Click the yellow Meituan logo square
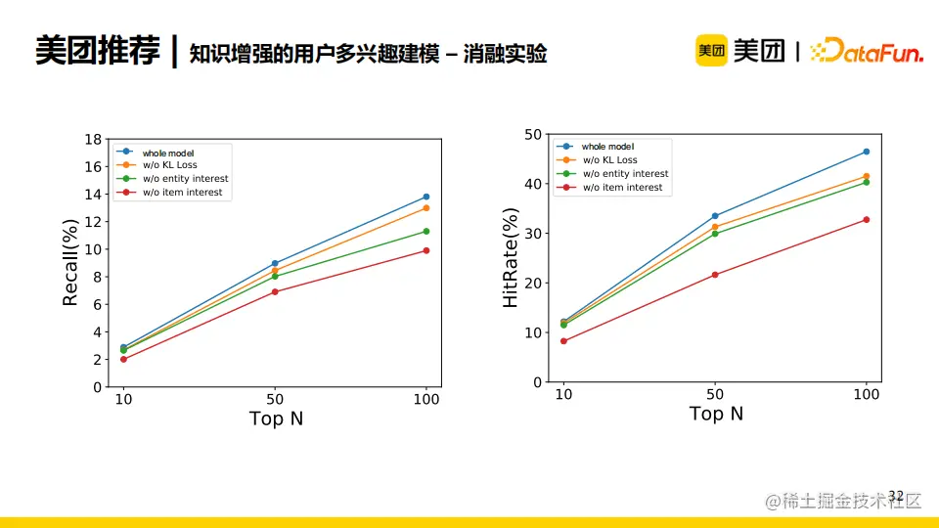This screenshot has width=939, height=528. [711, 51]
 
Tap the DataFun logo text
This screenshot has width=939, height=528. [868, 52]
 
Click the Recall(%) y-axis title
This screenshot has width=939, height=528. [69, 263]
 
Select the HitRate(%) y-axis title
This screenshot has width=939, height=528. [511, 259]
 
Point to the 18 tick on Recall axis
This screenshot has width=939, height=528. [94, 139]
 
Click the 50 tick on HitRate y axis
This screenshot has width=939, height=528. [533, 134]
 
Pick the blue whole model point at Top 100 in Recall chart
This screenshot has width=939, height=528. [426, 197]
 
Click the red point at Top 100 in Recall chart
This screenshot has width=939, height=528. [426, 250]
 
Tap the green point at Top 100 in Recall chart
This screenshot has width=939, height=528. [426, 232]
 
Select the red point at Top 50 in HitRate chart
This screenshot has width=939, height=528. [715, 275]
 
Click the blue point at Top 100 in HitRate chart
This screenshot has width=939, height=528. [867, 152]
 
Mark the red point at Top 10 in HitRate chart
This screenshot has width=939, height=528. [563, 341]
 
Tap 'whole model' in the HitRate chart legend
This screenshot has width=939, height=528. [607, 147]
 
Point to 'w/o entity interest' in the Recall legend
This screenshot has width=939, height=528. [185, 179]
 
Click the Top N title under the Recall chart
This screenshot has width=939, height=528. [276, 418]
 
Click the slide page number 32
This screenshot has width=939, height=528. [896, 496]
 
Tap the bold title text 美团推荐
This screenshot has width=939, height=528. [97, 51]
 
